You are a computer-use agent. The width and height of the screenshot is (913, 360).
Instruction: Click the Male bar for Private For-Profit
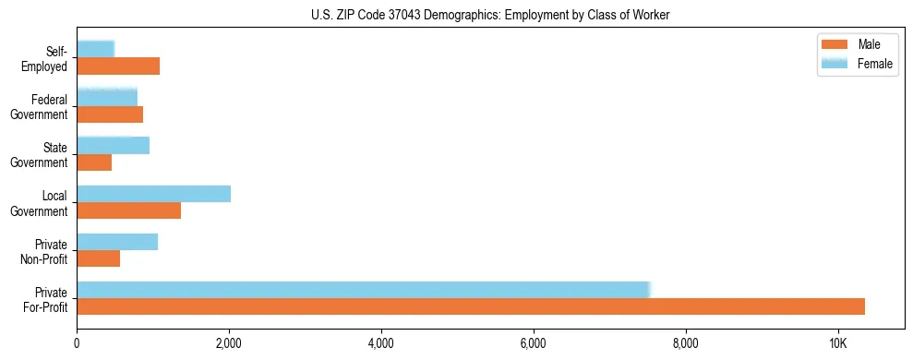click(x=471, y=306)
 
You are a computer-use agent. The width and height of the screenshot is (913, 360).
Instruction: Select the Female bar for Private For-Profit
click(x=364, y=290)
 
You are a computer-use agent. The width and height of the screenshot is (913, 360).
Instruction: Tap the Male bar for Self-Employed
click(x=118, y=66)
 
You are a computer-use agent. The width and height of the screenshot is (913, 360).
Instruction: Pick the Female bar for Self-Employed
click(x=96, y=49)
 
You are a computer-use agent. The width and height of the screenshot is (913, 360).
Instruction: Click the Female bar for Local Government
click(x=153, y=194)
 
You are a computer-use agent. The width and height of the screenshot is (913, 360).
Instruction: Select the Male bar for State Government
click(x=94, y=162)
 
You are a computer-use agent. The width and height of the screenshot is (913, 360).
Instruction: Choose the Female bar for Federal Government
click(x=107, y=97)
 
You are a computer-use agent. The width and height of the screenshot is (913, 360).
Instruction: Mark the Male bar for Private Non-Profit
click(x=98, y=258)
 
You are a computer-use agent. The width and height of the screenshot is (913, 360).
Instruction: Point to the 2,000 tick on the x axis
click(x=229, y=343)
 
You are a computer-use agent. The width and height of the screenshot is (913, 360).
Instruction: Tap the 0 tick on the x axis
click(x=77, y=343)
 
